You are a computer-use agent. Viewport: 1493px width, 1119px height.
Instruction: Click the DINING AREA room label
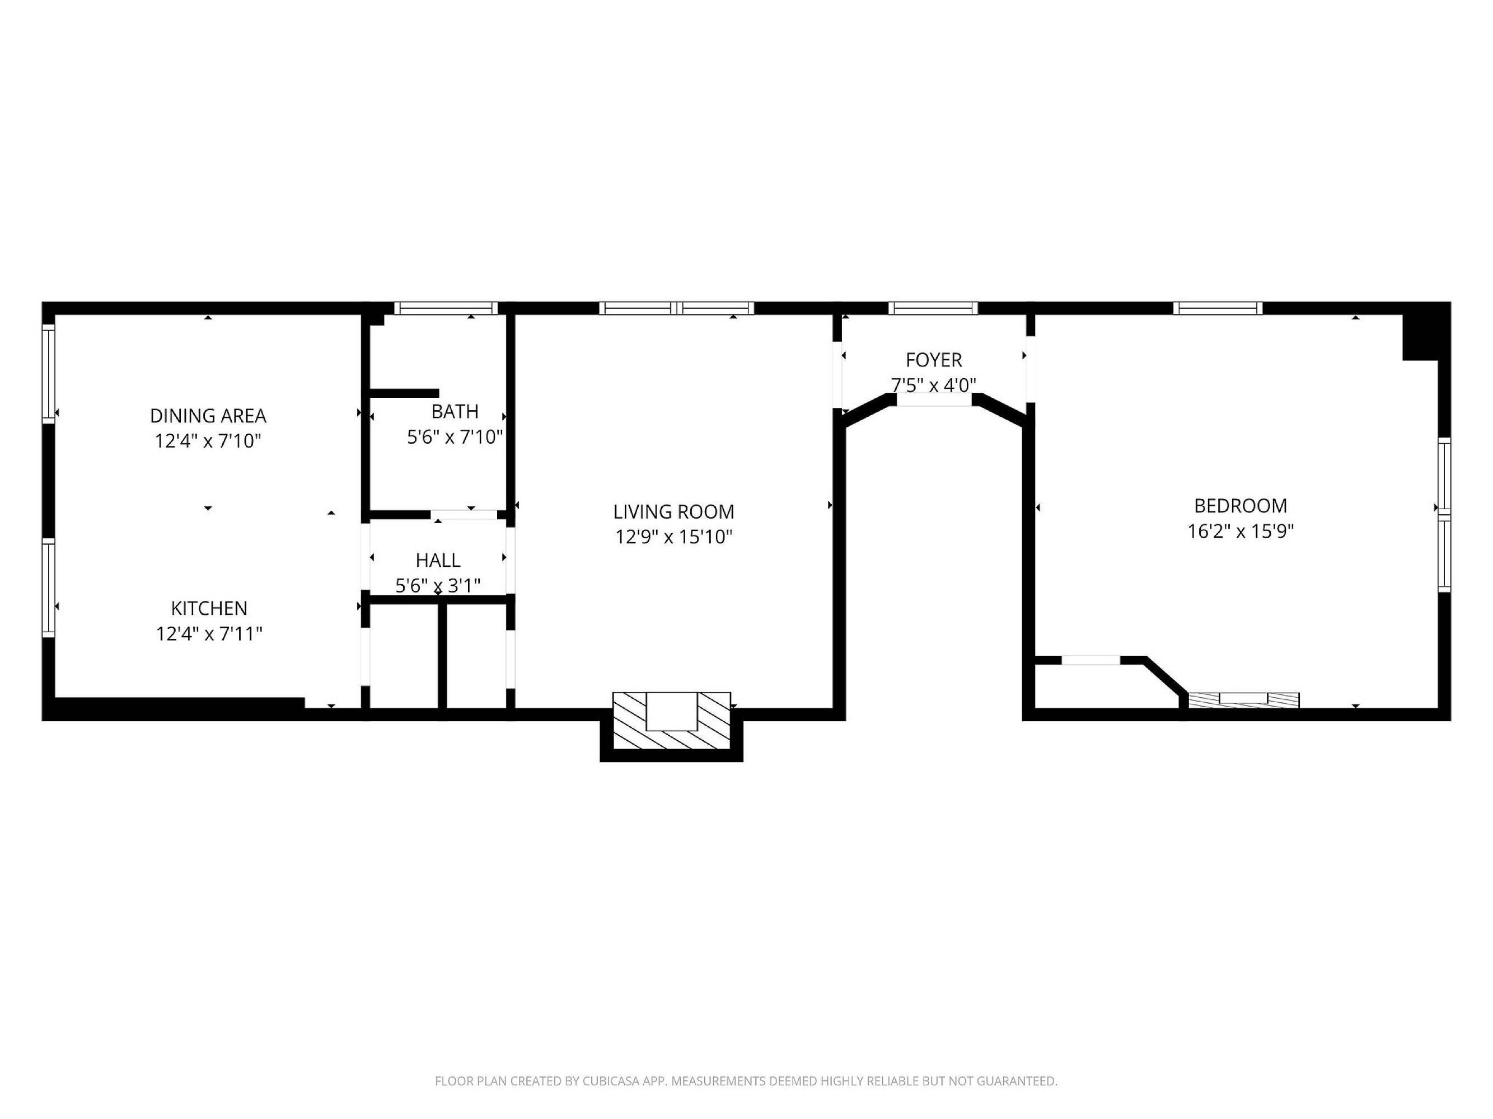(x=208, y=416)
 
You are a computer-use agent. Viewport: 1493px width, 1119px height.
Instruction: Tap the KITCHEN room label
(x=209, y=608)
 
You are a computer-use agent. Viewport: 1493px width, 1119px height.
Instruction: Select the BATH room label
(x=455, y=411)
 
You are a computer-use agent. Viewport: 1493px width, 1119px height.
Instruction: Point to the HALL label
(x=438, y=561)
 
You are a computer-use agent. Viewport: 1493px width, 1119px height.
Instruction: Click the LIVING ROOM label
(x=673, y=512)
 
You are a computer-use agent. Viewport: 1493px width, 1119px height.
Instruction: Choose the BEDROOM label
(x=1241, y=506)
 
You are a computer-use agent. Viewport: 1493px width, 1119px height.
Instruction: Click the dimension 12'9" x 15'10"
(x=673, y=537)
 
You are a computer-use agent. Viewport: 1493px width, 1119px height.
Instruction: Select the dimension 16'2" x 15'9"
(x=1241, y=532)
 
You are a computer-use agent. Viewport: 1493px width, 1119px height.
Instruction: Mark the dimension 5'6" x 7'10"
(x=455, y=437)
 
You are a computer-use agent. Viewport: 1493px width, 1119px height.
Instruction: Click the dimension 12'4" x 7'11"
(x=209, y=634)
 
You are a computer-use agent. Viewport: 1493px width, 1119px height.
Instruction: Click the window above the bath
(x=446, y=308)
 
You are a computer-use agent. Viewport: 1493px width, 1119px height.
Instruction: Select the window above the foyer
(x=933, y=308)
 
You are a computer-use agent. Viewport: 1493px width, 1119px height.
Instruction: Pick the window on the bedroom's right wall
(x=1444, y=515)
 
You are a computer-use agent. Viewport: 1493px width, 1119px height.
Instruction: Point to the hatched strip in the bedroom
(x=1243, y=700)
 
